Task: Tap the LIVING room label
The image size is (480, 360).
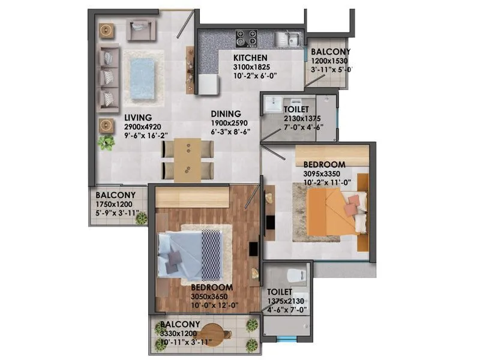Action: point(138,118)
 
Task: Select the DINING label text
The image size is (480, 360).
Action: point(226,114)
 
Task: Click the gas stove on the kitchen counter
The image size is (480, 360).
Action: point(246,38)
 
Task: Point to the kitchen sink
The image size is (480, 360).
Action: point(288,39)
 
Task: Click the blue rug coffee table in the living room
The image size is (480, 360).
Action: point(143,74)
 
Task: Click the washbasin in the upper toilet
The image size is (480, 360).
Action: point(274,103)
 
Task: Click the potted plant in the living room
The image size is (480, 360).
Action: point(107,143)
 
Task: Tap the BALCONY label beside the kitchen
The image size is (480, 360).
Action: point(331,52)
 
